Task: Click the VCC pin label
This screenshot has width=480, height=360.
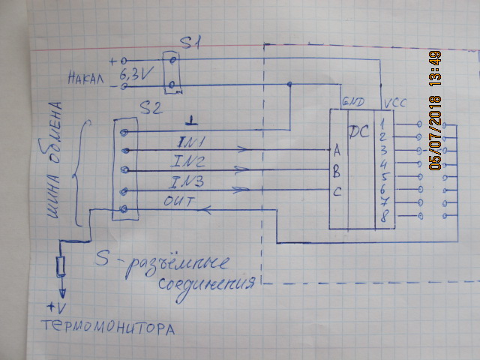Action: click(x=394, y=101)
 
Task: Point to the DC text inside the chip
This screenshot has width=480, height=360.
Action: click(x=360, y=132)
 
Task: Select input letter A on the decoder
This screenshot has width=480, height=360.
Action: click(x=337, y=149)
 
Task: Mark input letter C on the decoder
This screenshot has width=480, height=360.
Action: click(x=337, y=191)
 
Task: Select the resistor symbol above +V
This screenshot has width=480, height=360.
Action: click(x=61, y=265)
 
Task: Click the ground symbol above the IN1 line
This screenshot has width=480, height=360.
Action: click(x=192, y=120)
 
